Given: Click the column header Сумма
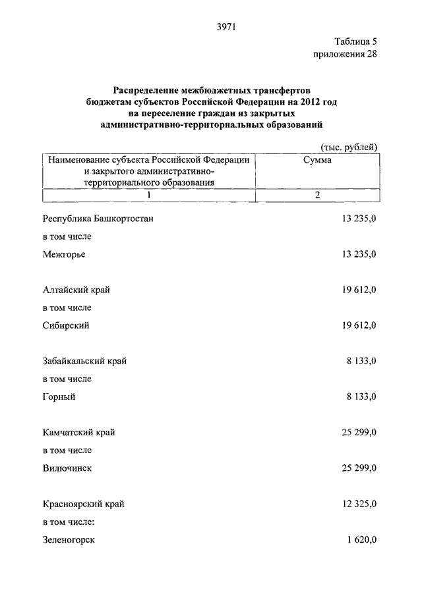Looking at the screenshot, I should [x=317, y=161].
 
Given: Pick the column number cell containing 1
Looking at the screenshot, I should [x=148, y=195].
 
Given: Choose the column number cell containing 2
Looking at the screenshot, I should [x=317, y=195].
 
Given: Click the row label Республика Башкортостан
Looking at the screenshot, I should [x=98, y=219].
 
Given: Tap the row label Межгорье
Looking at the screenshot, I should [x=64, y=254].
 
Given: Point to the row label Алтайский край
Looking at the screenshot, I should [x=76, y=290].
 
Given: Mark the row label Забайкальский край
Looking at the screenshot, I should [x=84, y=361].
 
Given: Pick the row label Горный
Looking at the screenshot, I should [x=59, y=396].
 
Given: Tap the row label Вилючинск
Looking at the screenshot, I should [x=67, y=468].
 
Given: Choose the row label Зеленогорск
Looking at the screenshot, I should [x=69, y=540].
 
